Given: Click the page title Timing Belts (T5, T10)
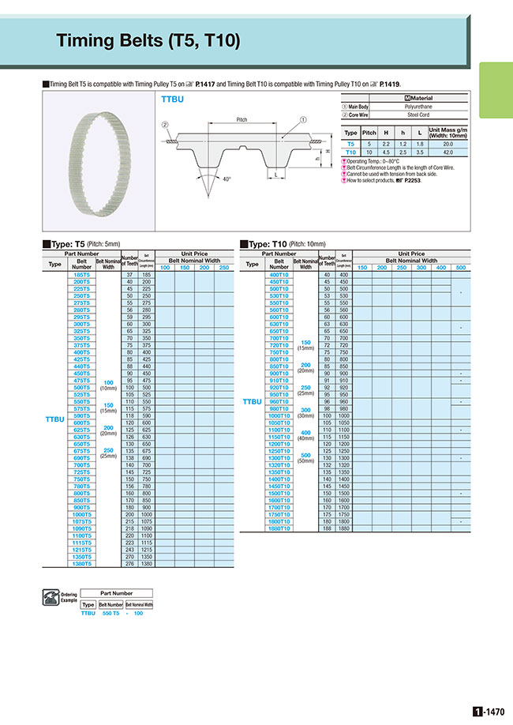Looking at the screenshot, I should tap(148, 41).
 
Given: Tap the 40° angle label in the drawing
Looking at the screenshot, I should tap(228, 179).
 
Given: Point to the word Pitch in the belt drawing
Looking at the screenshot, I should tap(242, 119).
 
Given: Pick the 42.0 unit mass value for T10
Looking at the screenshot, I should tap(447, 152).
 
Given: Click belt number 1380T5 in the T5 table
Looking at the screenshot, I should tap(81, 565).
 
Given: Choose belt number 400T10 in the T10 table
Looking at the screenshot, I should tap(280, 274).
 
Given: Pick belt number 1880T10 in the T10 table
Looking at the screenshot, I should tap(280, 528).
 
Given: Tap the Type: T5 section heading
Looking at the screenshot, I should tap(69, 244).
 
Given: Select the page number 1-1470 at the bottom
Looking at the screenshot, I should tap(488, 711).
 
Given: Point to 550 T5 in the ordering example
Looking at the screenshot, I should tap(111, 612).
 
